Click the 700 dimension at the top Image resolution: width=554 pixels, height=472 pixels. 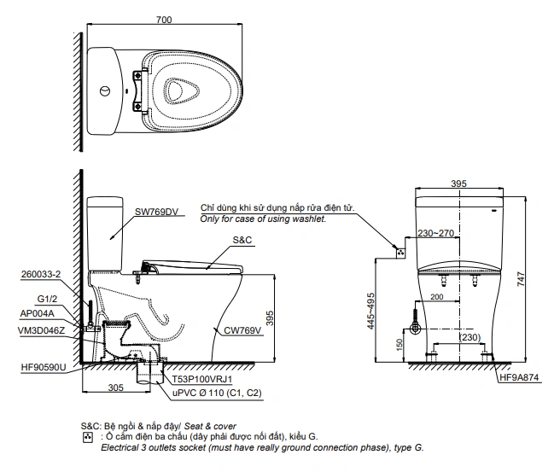click(164, 20)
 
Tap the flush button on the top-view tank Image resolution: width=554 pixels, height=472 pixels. click(105, 91)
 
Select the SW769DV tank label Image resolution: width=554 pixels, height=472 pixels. click(156, 212)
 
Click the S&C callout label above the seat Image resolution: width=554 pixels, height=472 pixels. click(242, 240)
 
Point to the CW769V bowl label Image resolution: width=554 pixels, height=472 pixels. click(242, 330)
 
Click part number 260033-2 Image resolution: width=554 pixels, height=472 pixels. click(41, 274)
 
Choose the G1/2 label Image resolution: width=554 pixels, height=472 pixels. click(47, 299)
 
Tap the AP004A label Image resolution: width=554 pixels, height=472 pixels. click(38, 313)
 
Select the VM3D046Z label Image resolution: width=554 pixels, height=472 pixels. click(41, 330)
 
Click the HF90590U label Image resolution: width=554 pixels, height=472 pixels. click(44, 367)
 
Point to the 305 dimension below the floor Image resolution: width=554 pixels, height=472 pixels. click(116, 388)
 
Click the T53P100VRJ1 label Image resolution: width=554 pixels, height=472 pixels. click(202, 380)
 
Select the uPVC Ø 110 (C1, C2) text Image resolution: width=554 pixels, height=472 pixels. click(217, 393)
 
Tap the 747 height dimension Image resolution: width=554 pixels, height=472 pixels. click(521, 279)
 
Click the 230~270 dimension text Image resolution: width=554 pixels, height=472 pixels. click(435, 233)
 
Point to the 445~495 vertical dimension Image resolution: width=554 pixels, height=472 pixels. click(370, 311)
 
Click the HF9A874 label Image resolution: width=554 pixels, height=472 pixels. click(519, 377)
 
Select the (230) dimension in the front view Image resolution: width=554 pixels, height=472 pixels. click(469, 337)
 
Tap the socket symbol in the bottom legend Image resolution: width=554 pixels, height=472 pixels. click(87, 437)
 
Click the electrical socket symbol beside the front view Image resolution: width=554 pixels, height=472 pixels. click(400, 253)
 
